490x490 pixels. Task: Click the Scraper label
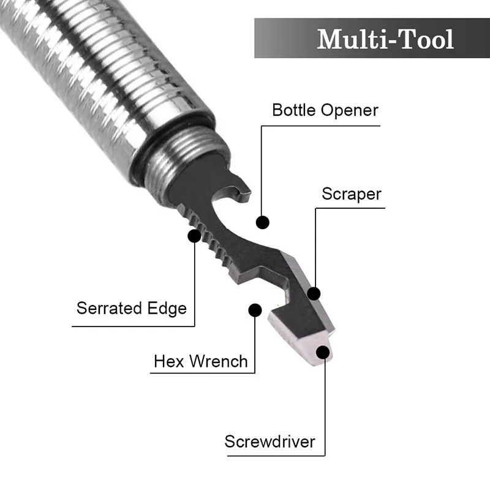352,194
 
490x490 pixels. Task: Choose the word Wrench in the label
219,361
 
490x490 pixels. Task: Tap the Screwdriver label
269,441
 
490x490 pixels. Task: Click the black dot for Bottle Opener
263,222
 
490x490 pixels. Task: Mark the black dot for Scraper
314,293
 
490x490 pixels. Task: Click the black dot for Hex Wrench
255,309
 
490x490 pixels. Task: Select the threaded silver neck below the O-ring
184,159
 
